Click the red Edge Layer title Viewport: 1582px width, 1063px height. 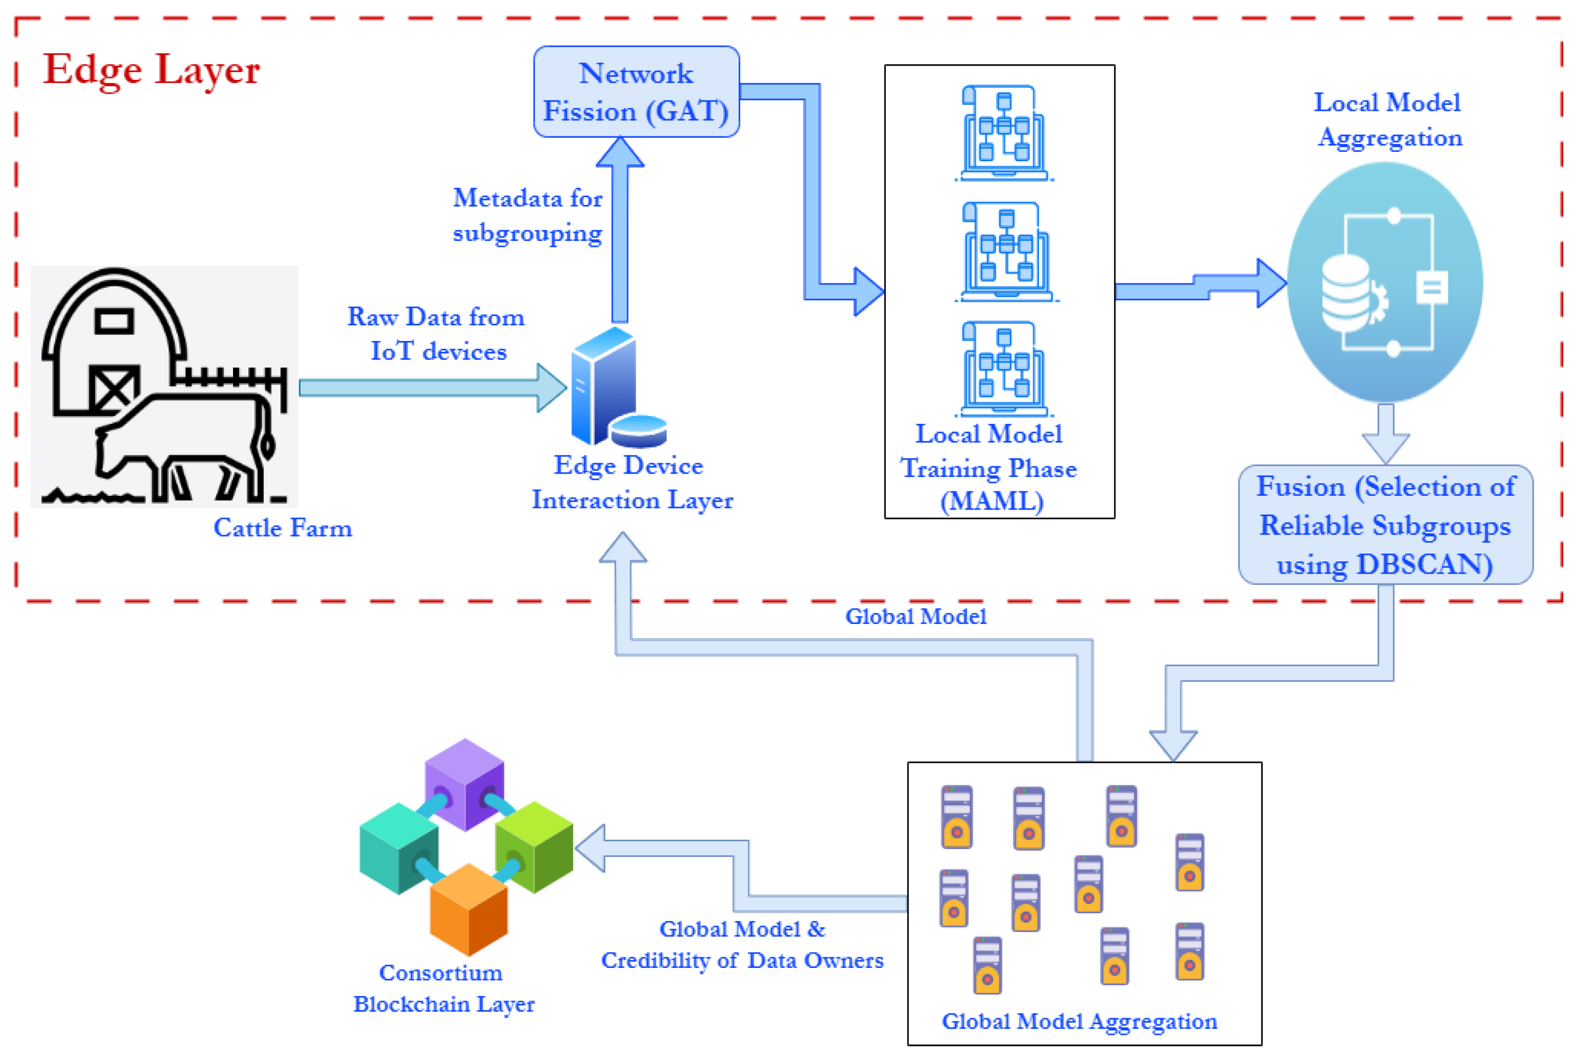(151, 70)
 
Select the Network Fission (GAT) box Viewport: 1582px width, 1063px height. (636, 92)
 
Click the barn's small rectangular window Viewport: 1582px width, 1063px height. (114, 321)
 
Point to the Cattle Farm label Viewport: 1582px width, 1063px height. (283, 528)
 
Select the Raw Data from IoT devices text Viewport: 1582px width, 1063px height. (436, 334)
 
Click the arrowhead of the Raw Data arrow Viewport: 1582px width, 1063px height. (552, 388)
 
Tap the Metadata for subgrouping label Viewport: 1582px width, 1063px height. (527, 215)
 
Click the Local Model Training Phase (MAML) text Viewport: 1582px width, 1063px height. (989, 468)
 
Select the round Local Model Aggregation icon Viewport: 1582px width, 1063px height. (1385, 283)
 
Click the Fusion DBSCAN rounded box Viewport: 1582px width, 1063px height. (1385, 525)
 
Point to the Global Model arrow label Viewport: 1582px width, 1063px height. (915, 616)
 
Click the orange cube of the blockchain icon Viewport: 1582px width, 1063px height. (469, 910)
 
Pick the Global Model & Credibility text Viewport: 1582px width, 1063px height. (742, 944)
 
